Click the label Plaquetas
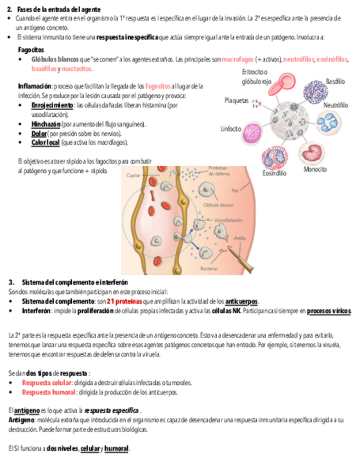tap(237, 101)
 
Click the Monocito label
tap(316, 169)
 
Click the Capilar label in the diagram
tap(133, 175)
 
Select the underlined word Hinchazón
tap(46, 124)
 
